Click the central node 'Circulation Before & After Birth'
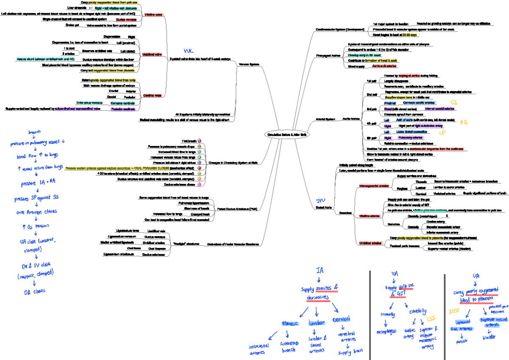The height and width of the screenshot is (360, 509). point(287,134)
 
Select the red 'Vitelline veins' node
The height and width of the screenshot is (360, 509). point(153,14)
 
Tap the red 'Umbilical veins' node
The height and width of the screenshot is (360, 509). point(152,54)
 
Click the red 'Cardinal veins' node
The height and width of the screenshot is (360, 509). point(153,95)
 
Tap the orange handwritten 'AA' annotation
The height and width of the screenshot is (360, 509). point(464,122)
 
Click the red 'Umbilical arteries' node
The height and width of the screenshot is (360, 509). point(370,243)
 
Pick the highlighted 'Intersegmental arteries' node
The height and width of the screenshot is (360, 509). point(374,185)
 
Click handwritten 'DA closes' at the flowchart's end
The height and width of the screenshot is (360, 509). point(34,292)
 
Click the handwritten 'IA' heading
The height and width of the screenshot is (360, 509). point(319,271)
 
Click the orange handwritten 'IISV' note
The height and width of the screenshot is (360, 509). point(455,312)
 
